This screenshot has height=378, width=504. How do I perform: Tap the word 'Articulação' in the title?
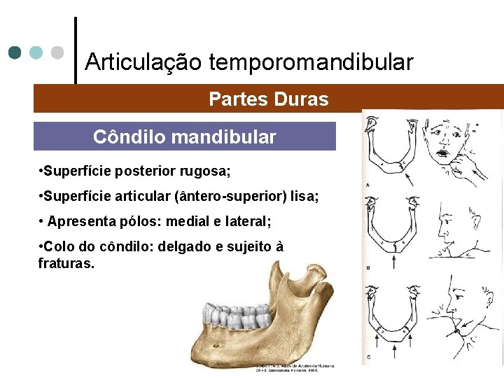coord(143,62)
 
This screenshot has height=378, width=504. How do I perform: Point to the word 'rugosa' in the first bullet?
coord(206,171)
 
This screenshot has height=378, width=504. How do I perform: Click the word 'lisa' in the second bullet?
coord(304,197)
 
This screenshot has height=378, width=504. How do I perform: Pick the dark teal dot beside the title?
coord(15,52)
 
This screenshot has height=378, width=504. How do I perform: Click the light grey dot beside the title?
coord(58,52)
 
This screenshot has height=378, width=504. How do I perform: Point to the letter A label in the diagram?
coord(368,185)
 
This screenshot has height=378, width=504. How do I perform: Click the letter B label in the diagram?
coord(368,267)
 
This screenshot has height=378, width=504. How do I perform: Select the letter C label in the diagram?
coord(368,357)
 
